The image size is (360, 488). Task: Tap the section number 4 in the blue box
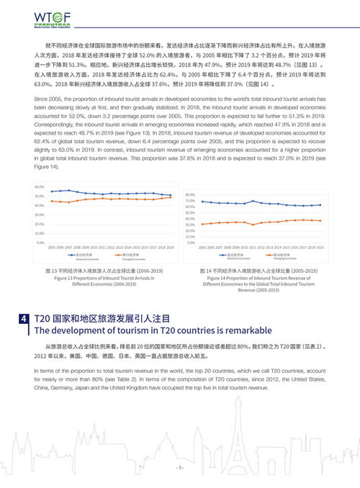click(24, 317)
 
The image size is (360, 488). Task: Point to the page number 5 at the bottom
click(180, 467)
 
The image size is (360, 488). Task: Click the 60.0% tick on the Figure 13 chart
click(40, 186)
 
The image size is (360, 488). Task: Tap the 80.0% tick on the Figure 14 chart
click(190, 194)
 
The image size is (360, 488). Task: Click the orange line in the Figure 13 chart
click(108, 199)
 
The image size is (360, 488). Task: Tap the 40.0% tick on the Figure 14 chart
click(190, 219)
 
